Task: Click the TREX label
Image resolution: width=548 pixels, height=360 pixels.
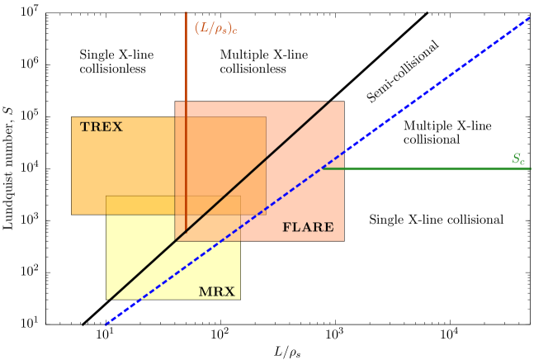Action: pyautogui.click(x=101, y=127)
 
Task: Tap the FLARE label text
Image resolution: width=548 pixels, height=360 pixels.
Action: pyautogui.click(x=308, y=228)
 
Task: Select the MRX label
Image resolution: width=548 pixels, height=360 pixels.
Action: pyautogui.click(x=216, y=292)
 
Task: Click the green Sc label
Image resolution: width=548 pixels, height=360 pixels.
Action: pyautogui.click(x=518, y=159)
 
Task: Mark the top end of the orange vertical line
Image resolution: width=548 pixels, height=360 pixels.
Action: pyautogui.click(x=186, y=12)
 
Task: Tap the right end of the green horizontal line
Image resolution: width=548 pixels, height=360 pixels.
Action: pyautogui.click(x=530, y=168)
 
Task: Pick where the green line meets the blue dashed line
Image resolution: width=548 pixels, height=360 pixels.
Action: pyautogui.click(x=323, y=168)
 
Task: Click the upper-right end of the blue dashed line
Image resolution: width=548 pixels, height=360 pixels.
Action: pyautogui.click(x=529, y=17)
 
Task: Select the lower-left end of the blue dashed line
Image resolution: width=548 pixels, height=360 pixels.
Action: pyautogui.click(x=105, y=325)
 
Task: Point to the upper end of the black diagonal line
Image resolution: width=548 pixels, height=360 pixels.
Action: pyautogui.click(x=330, y=102)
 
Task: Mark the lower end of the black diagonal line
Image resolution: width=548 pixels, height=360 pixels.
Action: pyautogui.click(x=110, y=299)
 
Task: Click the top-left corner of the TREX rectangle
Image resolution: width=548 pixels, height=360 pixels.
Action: pyautogui.click(x=72, y=117)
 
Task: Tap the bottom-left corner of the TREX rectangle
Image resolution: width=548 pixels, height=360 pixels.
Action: pyautogui.click(x=72, y=214)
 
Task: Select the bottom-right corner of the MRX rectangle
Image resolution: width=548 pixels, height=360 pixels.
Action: pyautogui.click(x=240, y=299)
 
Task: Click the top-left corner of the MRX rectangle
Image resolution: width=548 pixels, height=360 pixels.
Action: pyautogui.click(x=106, y=197)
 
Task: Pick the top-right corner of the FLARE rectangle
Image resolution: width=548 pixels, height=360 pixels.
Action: pyautogui.click(x=343, y=102)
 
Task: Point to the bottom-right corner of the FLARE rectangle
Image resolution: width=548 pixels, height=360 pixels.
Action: pyautogui.click(x=343, y=240)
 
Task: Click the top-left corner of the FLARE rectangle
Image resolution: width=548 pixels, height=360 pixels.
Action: pyautogui.click(x=175, y=102)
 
